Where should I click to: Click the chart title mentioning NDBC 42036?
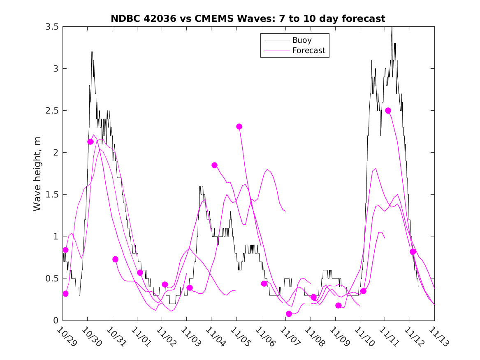point(248,19)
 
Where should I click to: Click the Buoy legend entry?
point(301,40)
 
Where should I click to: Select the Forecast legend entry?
point(308,51)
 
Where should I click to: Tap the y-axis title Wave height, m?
point(37,174)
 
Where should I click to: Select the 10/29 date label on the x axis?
point(66,336)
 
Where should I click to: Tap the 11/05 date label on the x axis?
point(240,336)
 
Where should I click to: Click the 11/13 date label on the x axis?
point(438,336)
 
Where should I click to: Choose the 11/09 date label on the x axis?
point(339,336)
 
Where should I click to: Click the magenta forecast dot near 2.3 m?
point(239,126)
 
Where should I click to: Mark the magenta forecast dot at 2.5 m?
point(388,111)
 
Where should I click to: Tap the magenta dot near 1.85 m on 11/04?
point(214,165)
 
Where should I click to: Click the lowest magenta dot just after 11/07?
point(289,314)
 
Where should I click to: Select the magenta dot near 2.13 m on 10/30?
point(90,142)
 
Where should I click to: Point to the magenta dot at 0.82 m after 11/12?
point(413,251)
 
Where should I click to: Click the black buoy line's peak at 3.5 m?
point(392,27)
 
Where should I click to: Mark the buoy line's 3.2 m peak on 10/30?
point(92,52)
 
